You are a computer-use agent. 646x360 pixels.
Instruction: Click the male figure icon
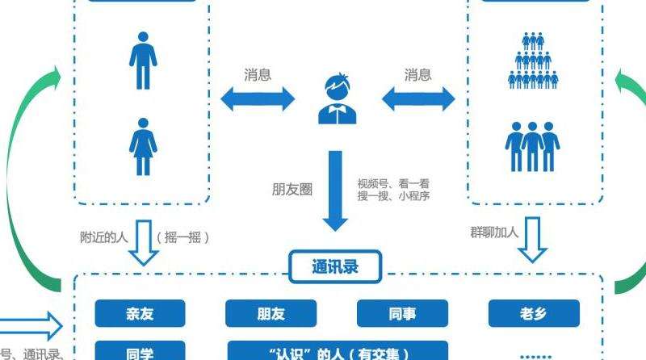point(142,61)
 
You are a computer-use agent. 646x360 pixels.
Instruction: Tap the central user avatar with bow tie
point(337,100)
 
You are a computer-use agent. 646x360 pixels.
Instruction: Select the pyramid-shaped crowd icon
point(533,60)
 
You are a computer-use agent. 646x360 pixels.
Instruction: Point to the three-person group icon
point(532,145)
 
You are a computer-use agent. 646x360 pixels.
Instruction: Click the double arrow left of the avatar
point(258,100)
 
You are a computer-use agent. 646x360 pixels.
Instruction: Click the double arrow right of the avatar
point(417,100)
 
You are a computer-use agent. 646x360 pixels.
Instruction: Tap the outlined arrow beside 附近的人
point(145,242)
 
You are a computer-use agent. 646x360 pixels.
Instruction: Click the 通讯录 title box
point(335,266)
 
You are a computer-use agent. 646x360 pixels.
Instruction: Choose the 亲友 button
point(140,314)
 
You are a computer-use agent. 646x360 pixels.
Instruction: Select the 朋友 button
point(271,314)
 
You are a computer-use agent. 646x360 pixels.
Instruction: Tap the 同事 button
point(401,314)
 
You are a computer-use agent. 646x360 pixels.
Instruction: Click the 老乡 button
point(533,314)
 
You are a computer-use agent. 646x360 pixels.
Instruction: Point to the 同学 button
point(140,352)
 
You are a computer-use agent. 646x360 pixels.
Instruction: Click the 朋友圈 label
point(292,190)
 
